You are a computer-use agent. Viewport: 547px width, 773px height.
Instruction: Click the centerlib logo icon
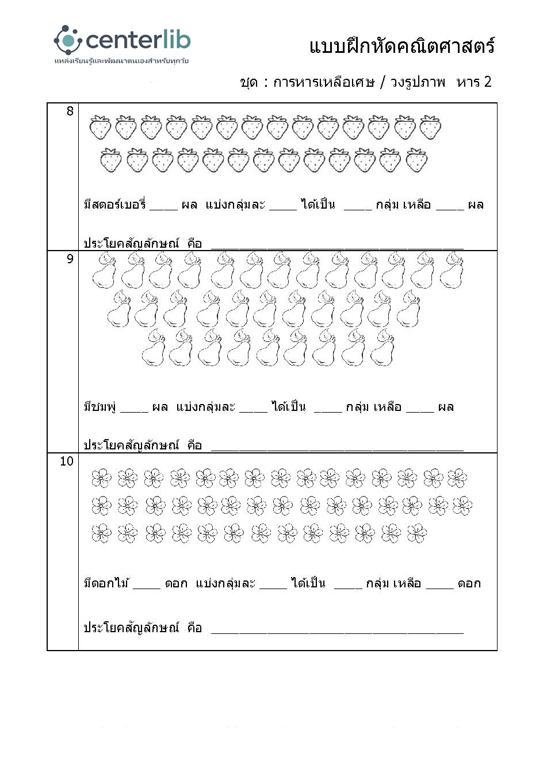click(x=68, y=40)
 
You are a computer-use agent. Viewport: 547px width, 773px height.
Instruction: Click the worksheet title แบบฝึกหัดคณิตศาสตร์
click(x=401, y=46)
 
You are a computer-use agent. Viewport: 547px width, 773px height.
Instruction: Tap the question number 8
click(x=70, y=111)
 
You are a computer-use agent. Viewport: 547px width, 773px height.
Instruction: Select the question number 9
click(x=70, y=259)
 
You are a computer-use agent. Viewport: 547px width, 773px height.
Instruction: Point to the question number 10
click(x=67, y=461)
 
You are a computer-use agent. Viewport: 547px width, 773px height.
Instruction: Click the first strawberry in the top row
click(x=100, y=127)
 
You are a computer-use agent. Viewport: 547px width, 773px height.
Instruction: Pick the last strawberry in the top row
click(x=430, y=127)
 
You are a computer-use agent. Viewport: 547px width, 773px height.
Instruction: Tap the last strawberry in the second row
click(x=416, y=160)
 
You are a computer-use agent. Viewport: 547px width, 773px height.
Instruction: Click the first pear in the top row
click(x=104, y=271)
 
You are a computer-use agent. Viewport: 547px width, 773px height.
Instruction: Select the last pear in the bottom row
click(x=382, y=348)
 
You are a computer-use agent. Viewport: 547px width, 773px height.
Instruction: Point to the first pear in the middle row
click(x=120, y=309)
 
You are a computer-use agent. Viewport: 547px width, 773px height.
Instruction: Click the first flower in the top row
click(x=101, y=478)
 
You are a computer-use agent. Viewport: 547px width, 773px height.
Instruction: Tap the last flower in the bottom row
click(x=417, y=533)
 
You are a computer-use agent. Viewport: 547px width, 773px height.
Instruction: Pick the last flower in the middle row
click(x=462, y=506)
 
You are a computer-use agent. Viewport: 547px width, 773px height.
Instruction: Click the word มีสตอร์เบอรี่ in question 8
click(x=114, y=205)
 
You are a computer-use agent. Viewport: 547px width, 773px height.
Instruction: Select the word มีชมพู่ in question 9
click(x=100, y=407)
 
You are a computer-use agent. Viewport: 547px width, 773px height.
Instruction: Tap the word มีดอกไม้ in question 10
click(x=106, y=583)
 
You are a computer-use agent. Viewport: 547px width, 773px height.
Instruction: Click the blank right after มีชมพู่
click(x=135, y=410)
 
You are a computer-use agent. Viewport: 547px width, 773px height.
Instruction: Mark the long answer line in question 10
click(x=337, y=632)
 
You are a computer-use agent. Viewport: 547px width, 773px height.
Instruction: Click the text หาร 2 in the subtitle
click(x=474, y=82)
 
